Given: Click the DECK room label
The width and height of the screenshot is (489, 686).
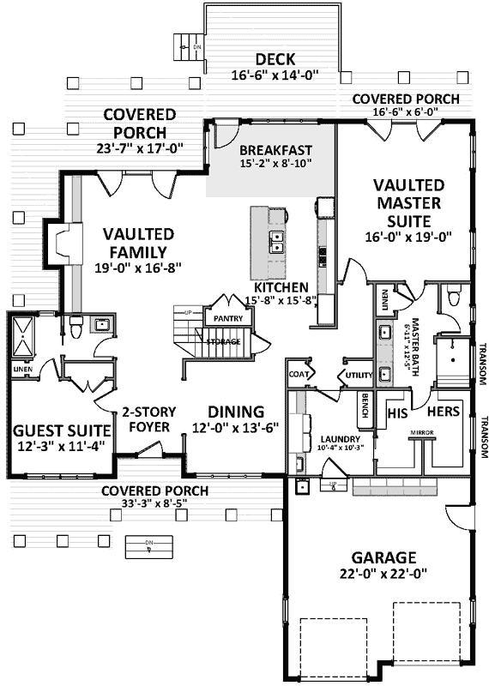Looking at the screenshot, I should [275, 59].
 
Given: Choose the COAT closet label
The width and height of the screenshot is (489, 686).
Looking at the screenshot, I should [299, 374].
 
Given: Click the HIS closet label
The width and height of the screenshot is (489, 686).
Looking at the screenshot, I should [395, 412].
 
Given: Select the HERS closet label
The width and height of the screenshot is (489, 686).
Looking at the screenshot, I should [444, 412].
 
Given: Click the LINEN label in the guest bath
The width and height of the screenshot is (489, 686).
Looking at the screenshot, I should [21, 370].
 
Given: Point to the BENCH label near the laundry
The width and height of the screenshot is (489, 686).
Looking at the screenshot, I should [364, 404].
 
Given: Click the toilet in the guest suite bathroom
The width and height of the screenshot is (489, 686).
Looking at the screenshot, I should [75, 326].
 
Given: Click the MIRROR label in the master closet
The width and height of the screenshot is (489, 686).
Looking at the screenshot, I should [420, 432].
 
